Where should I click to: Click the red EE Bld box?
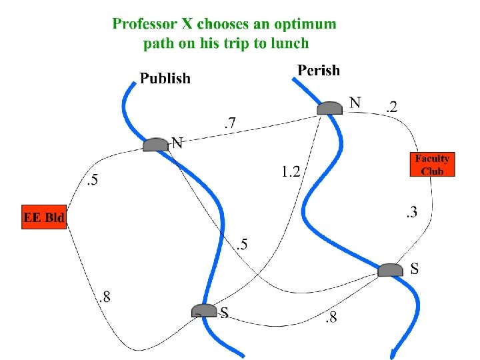pyautogui.click(x=45, y=217)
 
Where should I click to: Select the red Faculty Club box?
pyautogui.click(x=431, y=164)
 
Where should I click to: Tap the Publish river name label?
pyautogui.click(x=165, y=79)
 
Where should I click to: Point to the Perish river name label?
pyautogui.click(x=319, y=70)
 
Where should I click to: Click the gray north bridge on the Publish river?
pyautogui.click(x=156, y=144)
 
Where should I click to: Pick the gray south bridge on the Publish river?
pyautogui.click(x=204, y=311)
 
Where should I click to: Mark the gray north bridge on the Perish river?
pyautogui.click(x=329, y=108)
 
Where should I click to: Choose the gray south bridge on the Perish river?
pyautogui.click(x=391, y=269)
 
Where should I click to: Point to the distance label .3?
pyautogui.click(x=411, y=213)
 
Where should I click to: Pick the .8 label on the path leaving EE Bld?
pyautogui.click(x=104, y=298)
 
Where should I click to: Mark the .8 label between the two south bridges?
pyautogui.click(x=330, y=317)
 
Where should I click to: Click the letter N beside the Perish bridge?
pyautogui.click(x=356, y=103)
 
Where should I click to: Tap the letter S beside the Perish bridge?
pyautogui.click(x=415, y=269)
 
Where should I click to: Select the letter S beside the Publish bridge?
pyautogui.click(x=225, y=312)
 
